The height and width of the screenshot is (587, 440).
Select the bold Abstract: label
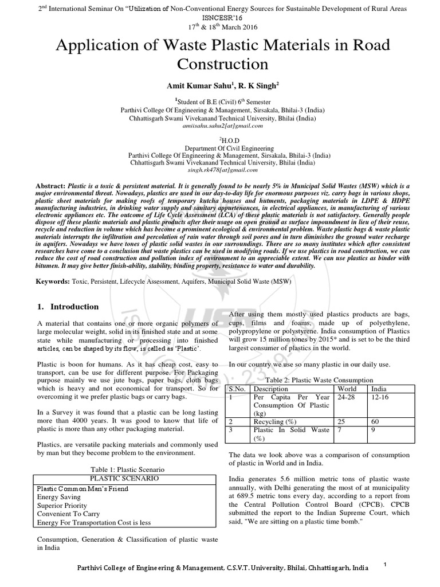[51, 187]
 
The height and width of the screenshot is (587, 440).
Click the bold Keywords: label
[53, 283]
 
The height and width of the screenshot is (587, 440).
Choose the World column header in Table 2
[348, 388]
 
